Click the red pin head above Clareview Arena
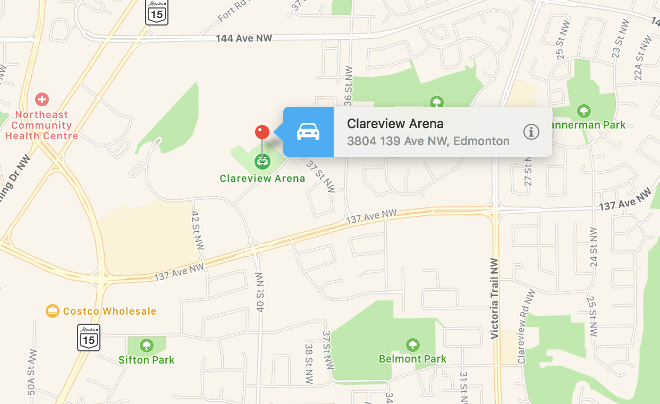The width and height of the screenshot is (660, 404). [x=262, y=132]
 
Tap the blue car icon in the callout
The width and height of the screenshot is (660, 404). [x=308, y=131]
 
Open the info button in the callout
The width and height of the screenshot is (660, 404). [x=531, y=132]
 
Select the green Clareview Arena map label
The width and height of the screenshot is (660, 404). [x=263, y=178]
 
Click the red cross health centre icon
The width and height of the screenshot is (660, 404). [x=41, y=99]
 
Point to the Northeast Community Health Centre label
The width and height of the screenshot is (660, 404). [x=41, y=125]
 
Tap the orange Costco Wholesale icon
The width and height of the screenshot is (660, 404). [x=52, y=311]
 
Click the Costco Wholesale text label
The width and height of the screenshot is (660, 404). [x=109, y=311]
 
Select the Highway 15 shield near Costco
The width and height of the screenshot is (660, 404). [x=89, y=337]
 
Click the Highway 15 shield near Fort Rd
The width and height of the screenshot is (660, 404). [x=157, y=12]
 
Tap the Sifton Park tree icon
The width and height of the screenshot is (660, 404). [x=147, y=346]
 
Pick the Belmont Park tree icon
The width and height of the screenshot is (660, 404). [x=412, y=345]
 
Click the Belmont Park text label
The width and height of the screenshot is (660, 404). [x=412, y=359]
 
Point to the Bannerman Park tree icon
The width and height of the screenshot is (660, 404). [x=583, y=111]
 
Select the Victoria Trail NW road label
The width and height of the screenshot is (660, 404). [x=495, y=298]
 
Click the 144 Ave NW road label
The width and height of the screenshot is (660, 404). [x=244, y=38]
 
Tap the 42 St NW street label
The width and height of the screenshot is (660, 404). [x=197, y=230]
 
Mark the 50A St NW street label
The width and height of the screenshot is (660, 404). [x=32, y=372]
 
